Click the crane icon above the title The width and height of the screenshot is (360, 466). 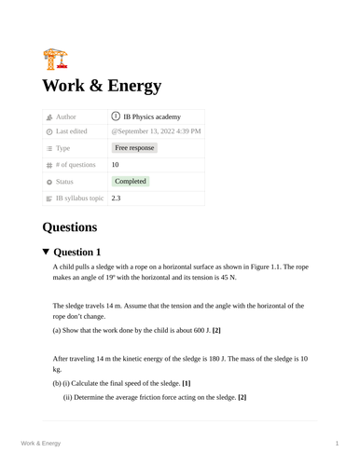(x=55, y=59)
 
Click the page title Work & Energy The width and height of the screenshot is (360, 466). (x=102, y=87)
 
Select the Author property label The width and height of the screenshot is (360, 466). (x=65, y=117)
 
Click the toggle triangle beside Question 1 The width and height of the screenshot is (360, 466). (x=47, y=252)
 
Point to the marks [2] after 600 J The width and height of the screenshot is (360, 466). (x=216, y=331)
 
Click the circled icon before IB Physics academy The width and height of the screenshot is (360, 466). (x=116, y=117)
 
